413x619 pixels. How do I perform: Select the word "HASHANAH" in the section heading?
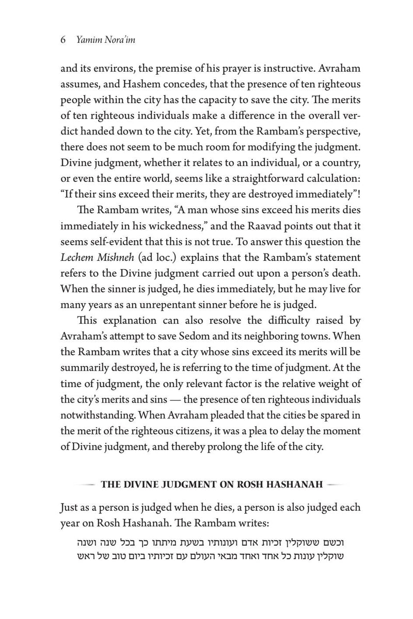[298, 484]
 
